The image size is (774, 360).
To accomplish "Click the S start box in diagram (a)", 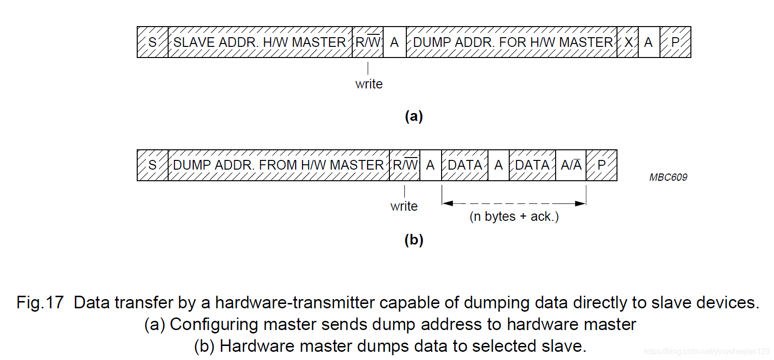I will click(153, 43).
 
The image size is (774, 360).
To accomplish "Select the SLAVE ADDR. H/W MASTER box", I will click(260, 43).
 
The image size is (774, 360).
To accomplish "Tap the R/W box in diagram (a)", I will click(368, 43).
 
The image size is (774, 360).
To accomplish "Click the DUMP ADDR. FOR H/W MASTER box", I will click(512, 43).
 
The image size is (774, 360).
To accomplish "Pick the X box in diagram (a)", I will click(628, 43).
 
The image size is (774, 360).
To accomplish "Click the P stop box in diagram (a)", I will click(675, 43).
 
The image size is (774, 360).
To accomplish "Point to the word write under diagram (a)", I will click(369, 84).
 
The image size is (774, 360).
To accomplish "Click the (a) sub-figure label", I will click(414, 116).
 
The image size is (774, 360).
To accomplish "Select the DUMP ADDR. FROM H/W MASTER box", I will click(278, 165).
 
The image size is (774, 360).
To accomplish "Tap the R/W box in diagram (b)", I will click(405, 165).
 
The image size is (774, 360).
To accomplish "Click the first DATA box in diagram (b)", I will click(465, 165).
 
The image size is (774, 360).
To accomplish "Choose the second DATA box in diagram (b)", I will click(532, 165).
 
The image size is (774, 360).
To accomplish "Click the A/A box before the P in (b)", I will click(571, 165).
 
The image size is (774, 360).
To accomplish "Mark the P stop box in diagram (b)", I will click(602, 165).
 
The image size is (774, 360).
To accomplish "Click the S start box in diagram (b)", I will click(153, 165).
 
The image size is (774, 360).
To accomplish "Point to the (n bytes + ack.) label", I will click(514, 216).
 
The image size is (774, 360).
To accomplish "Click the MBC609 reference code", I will click(668, 177).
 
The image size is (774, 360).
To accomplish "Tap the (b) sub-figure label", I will click(414, 240).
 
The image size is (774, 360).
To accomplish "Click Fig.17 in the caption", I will click(40, 302).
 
